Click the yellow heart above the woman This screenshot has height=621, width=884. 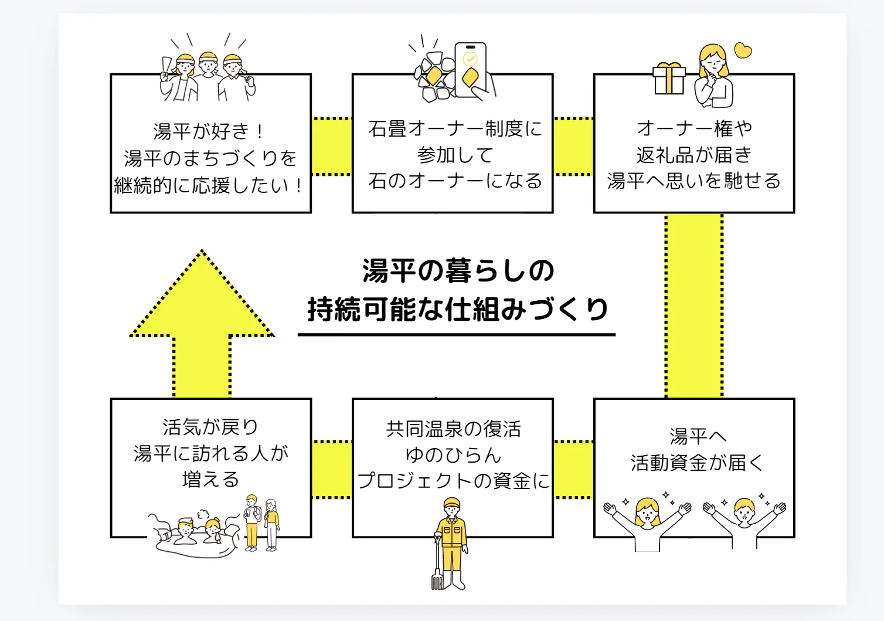pyautogui.click(x=743, y=51)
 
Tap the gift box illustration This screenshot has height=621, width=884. pyautogui.click(x=669, y=79)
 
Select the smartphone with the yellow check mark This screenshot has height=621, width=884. pyautogui.click(x=471, y=69)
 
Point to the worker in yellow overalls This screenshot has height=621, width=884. pyautogui.click(x=452, y=539)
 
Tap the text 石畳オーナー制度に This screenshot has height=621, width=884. pyautogui.click(x=455, y=128)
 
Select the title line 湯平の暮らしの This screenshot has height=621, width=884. pyautogui.click(x=458, y=271)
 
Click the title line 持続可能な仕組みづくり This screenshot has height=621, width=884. pyautogui.click(x=458, y=309)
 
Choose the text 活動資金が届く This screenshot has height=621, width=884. pyautogui.click(x=696, y=463)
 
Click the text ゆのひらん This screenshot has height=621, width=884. pyautogui.click(x=453, y=454)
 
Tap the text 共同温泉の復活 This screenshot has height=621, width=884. pyautogui.click(x=453, y=429)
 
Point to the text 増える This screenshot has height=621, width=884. pyautogui.click(x=210, y=479)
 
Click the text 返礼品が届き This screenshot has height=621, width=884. pyautogui.click(x=694, y=155)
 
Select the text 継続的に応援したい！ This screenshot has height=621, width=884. pyautogui.click(x=209, y=185)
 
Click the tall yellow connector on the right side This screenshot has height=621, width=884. pyautogui.click(x=694, y=305)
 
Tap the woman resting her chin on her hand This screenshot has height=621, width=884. pyautogui.click(x=713, y=76)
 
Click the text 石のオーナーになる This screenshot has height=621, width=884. pyautogui.click(x=455, y=181)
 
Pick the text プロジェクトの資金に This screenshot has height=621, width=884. pyautogui.click(x=453, y=481)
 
